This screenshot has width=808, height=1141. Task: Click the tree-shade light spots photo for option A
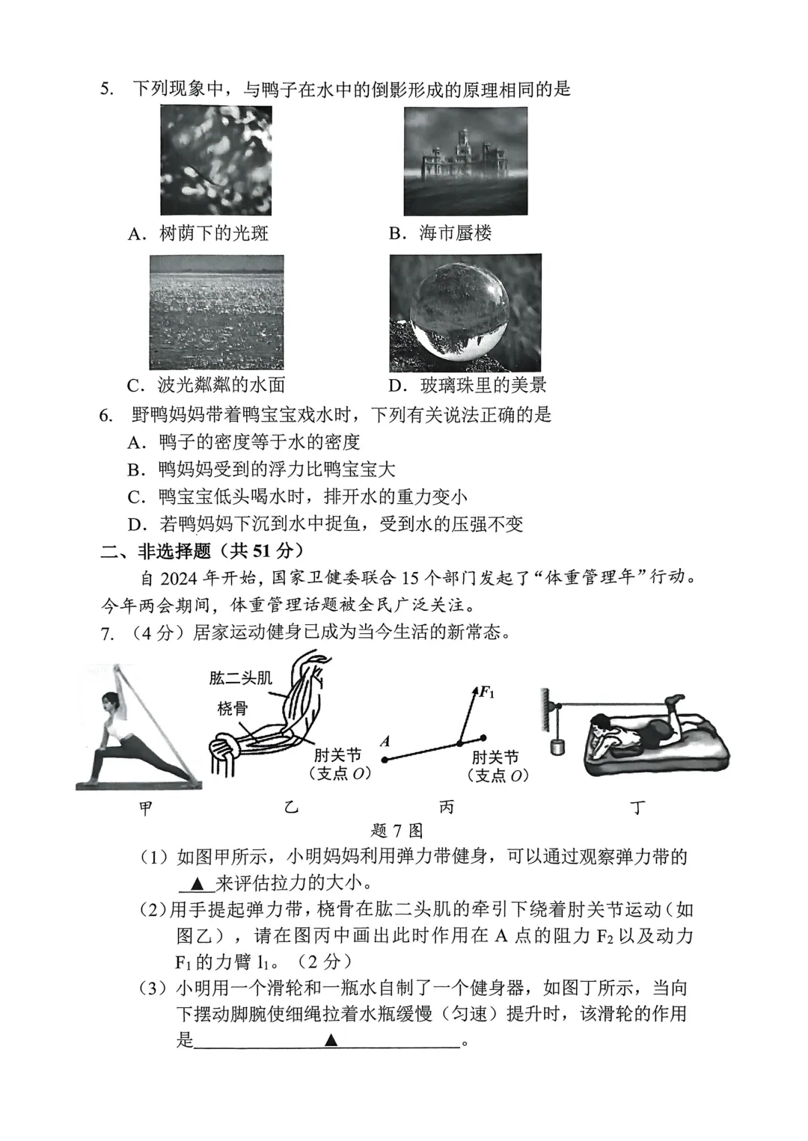point(215,160)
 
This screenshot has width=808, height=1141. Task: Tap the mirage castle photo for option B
point(465,161)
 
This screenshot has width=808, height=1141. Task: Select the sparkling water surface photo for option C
point(216,312)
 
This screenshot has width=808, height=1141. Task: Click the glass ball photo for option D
point(465,313)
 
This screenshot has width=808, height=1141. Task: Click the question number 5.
point(106,89)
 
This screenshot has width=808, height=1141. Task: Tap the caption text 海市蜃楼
point(455,233)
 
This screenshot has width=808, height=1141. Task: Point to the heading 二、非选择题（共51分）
point(202,551)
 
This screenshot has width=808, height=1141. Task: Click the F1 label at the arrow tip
point(486,692)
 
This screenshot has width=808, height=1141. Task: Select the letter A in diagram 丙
point(385,742)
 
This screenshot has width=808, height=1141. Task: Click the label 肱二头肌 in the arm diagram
point(240,678)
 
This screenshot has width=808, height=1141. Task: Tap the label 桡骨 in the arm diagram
point(232,708)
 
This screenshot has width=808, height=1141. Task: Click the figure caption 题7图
point(397,831)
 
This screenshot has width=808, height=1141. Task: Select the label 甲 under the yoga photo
point(147,808)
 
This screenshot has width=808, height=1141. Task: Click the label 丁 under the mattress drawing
point(637,808)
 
